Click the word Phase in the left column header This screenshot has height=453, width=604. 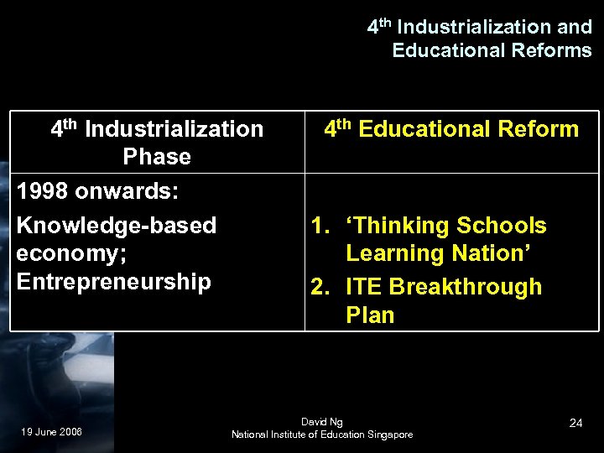tap(157, 157)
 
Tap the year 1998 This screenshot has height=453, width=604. tap(43, 190)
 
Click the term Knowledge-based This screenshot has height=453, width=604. tap(117, 226)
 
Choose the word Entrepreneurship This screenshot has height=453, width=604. tap(113, 281)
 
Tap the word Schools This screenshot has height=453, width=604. tap(502, 226)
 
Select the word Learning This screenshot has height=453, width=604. tap(392, 253)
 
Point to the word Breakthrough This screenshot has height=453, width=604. tap(466, 287)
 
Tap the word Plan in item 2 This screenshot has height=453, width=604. tap(369, 315)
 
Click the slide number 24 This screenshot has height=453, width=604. tap(575, 423)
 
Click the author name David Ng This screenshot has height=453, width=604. tap(322, 421)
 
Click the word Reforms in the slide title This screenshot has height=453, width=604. tap(549, 50)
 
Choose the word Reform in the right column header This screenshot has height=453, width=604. tap(538, 129)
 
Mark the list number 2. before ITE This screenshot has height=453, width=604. tap(320, 287)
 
